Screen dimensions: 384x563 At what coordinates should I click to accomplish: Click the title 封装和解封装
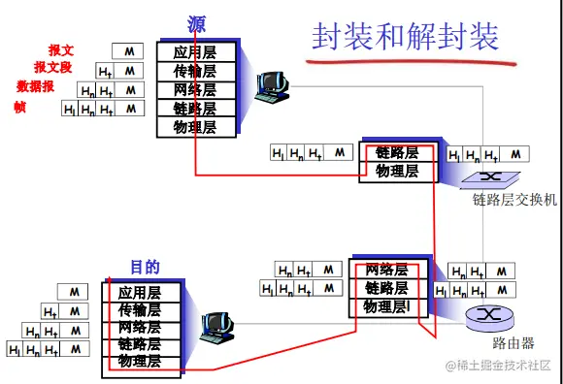pyautogui.click(x=405, y=36)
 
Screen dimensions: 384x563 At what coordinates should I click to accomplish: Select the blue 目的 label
pyautogui.click(x=145, y=267)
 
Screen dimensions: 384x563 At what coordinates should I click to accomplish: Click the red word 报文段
pyautogui.click(x=52, y=67)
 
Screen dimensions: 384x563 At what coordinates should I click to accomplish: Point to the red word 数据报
pyautogui.click(x=35, y=86)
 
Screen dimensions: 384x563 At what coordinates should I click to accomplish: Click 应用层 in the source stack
pyautogui.click(x=194, y=53)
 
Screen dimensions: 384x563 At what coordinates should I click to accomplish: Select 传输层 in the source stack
pyautogui.click(x=194, y=72)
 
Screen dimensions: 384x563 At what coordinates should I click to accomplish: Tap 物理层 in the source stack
pyautogui.click(x=194, y=127)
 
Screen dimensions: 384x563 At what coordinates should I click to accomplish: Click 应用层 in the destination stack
pyautogui.click(x=140, y=292)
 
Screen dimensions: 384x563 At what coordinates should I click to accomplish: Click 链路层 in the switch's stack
pyautogui.click(x=397, y=152)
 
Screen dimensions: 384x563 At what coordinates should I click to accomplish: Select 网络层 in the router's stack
pyautogui.click(x=385, y=270)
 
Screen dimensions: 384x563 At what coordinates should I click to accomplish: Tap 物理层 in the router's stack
pyautogui.click(x=385, y=306)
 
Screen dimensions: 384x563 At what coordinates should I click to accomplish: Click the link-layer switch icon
pyautogui.click(x=482, y=177)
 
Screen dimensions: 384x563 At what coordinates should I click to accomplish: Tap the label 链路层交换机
pyautogui.click(x=514, y=200)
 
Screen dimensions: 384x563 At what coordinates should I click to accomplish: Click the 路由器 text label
pyautogui.click(x=513, y=342)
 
